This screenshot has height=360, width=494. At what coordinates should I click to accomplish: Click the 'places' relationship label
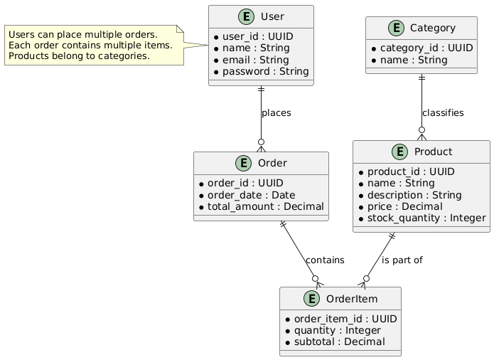(276, 113)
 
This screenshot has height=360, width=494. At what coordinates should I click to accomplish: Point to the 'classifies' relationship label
(442, 113)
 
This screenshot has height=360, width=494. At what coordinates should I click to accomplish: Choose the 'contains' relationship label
(325, 260)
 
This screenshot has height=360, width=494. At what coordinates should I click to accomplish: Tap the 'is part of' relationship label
(402, 260)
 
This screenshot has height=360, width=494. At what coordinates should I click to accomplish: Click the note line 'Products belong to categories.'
(79, 56)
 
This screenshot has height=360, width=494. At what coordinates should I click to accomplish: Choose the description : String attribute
(412, 195)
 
